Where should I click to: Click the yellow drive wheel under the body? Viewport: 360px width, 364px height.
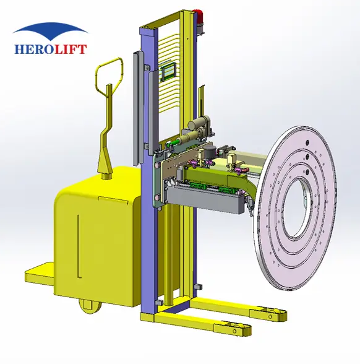(x=90, y=306)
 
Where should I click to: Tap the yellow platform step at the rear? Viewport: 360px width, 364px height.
(x=39, y=274)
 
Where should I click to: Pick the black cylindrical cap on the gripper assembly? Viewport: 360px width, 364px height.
(x=211, y=152)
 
